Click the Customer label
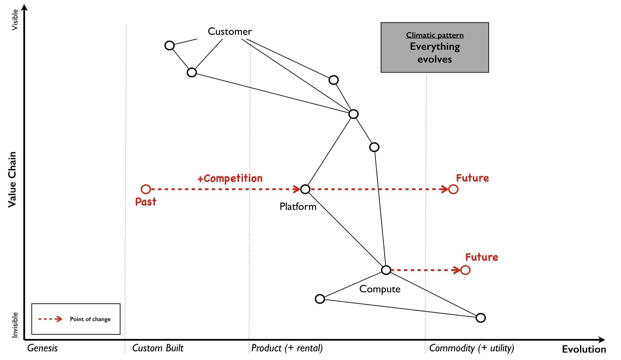tap(229, 31)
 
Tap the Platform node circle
tap(305, 189)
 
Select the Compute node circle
tap(386, 270)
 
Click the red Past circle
tap(146, 189)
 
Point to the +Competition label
tap(230, 178)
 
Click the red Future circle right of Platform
tap(453, 189)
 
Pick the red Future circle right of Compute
tap(465, 270)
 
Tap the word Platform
tap(298, 207)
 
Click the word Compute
tap(380, 289)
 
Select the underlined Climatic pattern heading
tap(435, 35)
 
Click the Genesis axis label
tap(43, 348)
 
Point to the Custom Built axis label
tap(158, 348)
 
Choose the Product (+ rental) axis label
tap(287, 348)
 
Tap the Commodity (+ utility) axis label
tap(471, 348)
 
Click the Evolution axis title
tap(584, 349)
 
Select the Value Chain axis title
tap(12, 180)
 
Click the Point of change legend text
tap(90, 319)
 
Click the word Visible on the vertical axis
tap(15, 20)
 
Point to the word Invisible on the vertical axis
tap(15, 325)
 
